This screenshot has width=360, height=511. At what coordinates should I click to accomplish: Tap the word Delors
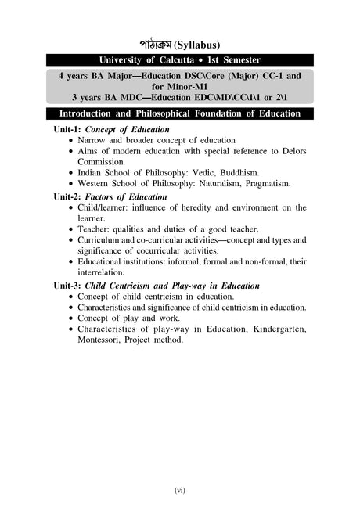290,150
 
